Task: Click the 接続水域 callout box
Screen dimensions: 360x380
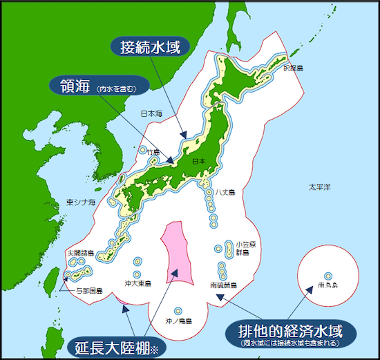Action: [151, 46]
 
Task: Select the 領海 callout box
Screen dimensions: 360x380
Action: [96, 87]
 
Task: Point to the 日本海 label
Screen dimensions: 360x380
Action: [151, 113]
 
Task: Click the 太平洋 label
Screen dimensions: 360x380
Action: [320, 187]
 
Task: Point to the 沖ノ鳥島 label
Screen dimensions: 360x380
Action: [178, 321]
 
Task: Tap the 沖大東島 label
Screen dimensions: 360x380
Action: [137, 283]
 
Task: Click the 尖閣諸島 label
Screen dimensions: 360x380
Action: [81, 254]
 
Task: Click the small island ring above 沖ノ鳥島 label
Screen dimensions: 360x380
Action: [178, 310]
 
